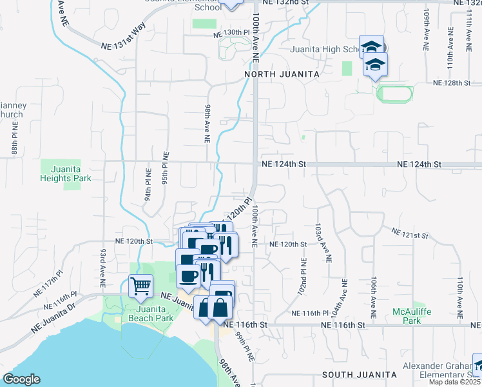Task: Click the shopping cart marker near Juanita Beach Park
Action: click(x=140, y=284)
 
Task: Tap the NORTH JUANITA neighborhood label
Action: click(x=282, y=75)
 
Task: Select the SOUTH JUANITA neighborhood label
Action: click(x=359, y=374)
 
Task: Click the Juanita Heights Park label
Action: click(x=65, y=174)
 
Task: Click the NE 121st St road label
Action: click(x=410, y=231)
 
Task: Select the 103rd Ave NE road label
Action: click(x=318, y=244)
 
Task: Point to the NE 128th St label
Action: click(x=454, y=83)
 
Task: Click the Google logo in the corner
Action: click(x=21, y=379)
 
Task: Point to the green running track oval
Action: click(x=394, y=94)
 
